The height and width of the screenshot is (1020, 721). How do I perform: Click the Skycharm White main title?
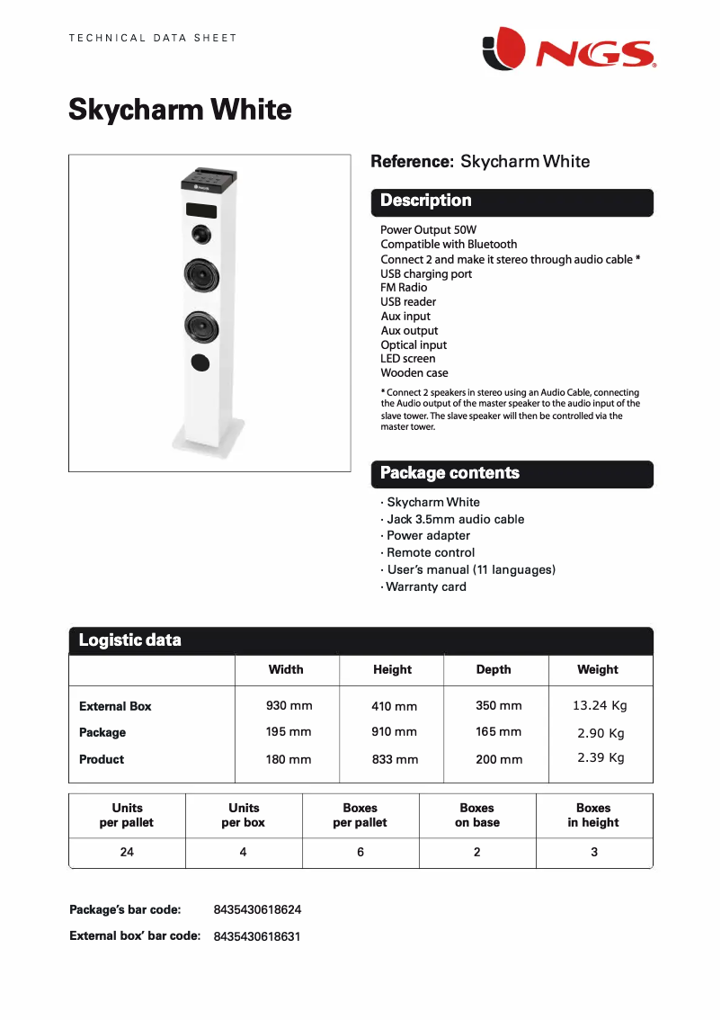(x=180, y=110)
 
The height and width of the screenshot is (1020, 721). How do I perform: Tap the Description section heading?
(x=425, y=201)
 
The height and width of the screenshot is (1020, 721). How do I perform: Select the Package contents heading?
(x=450, y=473)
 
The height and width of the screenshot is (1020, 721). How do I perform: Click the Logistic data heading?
(x=129, y=640)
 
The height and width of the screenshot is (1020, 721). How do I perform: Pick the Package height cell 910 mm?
(x=394, y=732)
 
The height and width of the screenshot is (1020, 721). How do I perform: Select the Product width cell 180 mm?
(x=289, y=759)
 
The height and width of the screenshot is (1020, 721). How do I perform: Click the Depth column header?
(x=494, y=669)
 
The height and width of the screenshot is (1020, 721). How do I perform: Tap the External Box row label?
(x=115, y=706)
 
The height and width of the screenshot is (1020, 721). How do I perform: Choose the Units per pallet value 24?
(x=127, y=852)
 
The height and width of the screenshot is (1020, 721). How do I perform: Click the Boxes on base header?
(x=476, y=815)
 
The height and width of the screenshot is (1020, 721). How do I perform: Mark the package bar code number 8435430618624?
(x=257, y=910)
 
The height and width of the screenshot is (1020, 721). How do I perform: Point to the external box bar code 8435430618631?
(x=257, y=936)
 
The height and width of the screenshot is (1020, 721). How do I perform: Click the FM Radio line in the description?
(x=404, y=288)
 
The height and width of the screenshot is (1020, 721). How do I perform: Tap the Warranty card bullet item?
(x=426, y=587)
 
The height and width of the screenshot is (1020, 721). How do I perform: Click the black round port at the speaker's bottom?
(x=200, y=362)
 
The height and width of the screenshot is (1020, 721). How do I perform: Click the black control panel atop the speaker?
(x=209, y=180)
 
